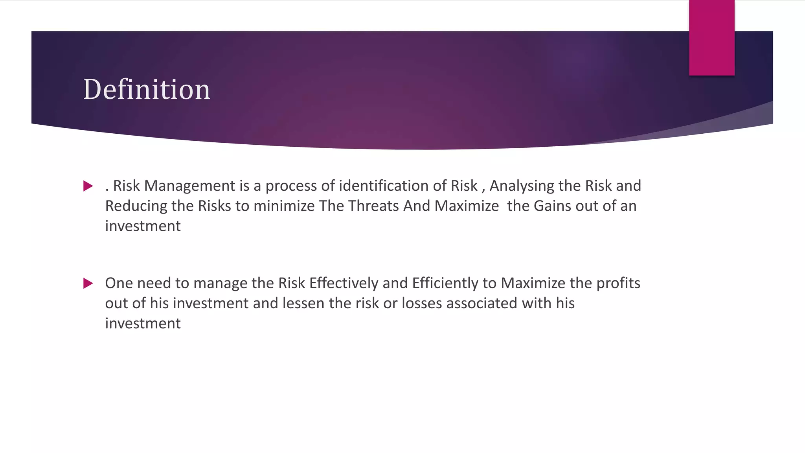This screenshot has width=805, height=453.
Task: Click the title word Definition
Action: point(147,89)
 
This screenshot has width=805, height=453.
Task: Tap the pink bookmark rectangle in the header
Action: point(711,38)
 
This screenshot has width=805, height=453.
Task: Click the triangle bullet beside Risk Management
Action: point(88,186)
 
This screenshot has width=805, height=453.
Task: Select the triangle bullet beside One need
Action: point(88,283)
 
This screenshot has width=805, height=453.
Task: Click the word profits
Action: point(618,283)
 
